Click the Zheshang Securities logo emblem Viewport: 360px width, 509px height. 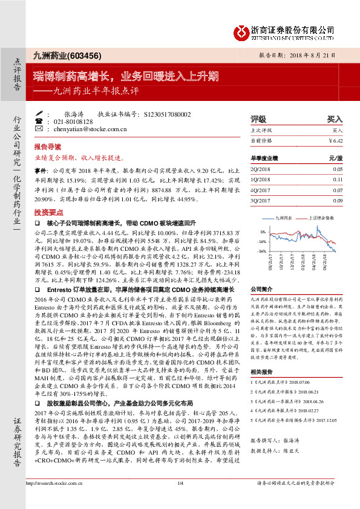click(x=243, y=30)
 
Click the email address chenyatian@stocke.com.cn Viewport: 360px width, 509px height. click(x=80, y=129)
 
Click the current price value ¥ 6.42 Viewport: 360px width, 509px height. click(x=336, y=140)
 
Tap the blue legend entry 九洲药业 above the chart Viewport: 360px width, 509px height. click(x=284, y=216)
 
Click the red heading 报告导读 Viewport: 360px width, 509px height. click(x=47, y=147)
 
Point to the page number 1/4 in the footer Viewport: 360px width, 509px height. click(x=180, y=500)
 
